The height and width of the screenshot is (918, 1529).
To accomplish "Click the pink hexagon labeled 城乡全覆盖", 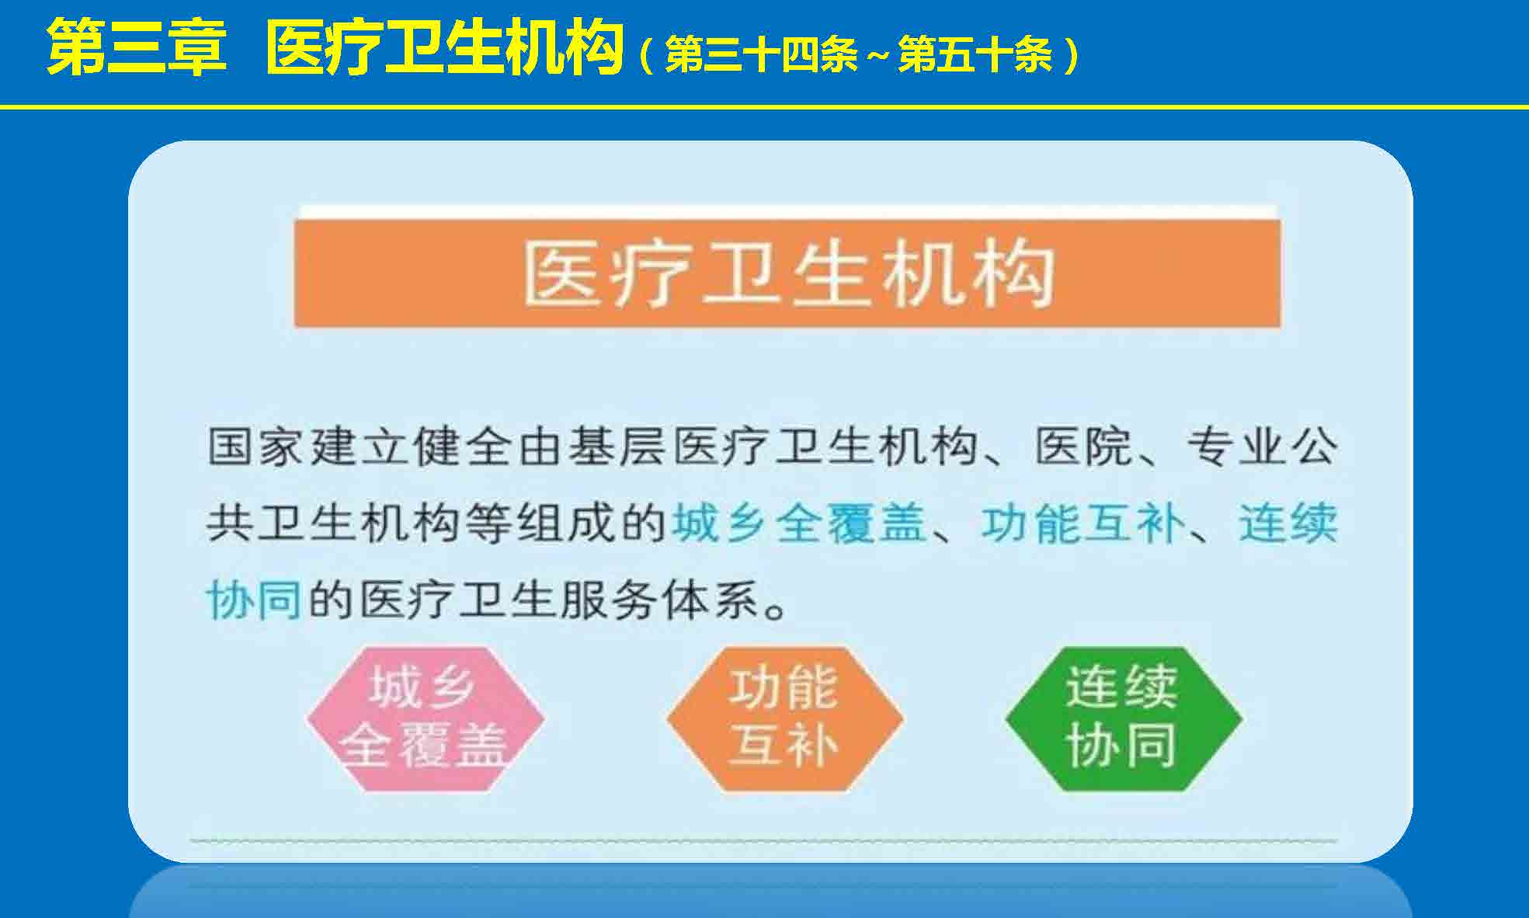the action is click(425, 719).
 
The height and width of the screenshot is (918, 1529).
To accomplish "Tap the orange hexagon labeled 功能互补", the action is click(785, 719).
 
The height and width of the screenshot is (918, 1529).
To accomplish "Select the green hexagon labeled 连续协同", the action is click(1124, 719).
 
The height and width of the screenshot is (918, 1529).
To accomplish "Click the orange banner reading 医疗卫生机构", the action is click(787, 273).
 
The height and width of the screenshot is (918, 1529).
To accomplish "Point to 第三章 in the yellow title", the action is click(137, 48).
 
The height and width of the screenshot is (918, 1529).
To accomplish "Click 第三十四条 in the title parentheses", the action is click(762, 55).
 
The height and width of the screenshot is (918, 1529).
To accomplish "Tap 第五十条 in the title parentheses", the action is click(975, 55).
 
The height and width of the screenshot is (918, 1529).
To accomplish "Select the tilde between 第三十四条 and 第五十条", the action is click(878, 56).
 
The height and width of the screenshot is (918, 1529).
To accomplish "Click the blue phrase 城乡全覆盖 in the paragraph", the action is click(800, 523).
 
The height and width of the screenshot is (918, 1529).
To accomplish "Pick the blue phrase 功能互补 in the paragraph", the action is click(1082, 523).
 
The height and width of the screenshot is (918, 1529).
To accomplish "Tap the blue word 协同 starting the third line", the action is click(254, 600).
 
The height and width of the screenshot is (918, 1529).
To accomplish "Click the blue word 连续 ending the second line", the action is click(1287, 523).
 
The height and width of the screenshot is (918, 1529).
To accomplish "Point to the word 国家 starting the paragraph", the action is click(256, 447).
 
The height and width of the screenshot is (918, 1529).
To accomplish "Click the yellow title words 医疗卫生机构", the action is click(444, 48).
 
